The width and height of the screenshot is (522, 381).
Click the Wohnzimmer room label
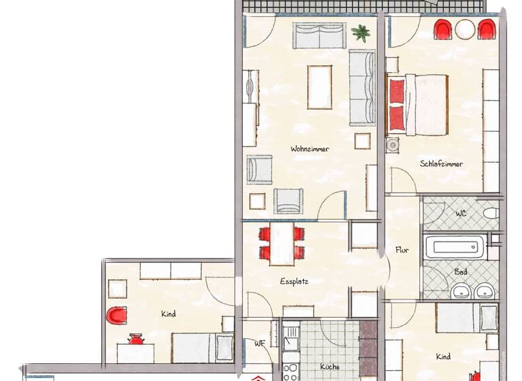point(310,148)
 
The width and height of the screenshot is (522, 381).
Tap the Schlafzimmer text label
point(441,164)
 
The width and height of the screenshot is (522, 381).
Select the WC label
point(461,213)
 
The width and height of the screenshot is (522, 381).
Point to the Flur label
point(402,250)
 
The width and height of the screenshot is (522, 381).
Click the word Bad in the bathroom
point(461,271)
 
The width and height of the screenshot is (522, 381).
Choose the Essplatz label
point(294,281)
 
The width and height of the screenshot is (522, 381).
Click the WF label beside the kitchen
point(260,344)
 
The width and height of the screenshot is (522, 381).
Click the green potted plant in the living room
point(360,31)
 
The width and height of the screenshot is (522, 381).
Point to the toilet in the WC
point(491,214)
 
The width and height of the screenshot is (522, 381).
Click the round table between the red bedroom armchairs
point(465,30)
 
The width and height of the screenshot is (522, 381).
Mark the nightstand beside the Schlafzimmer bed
point(393,146)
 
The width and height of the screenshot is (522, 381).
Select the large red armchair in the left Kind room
point(117,316)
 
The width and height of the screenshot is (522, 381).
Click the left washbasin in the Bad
point(463,293)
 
